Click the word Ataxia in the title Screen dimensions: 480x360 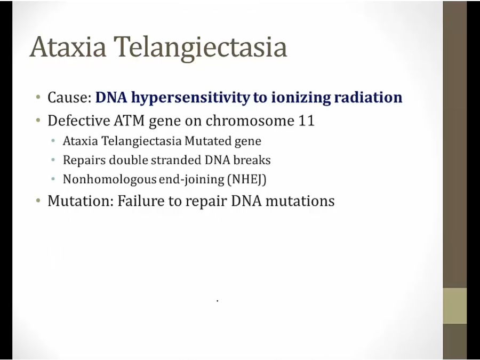(68, 47)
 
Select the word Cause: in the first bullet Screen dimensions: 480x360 (69, 98)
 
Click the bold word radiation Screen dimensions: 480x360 (368, 98)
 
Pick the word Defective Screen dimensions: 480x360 (79, 121)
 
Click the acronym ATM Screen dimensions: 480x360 (129, 121)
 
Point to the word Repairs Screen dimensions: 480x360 (84, 160)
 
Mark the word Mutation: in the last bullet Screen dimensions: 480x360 (81, 201)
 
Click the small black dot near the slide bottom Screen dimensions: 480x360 (218, 301)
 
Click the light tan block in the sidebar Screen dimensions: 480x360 (454, 306)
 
